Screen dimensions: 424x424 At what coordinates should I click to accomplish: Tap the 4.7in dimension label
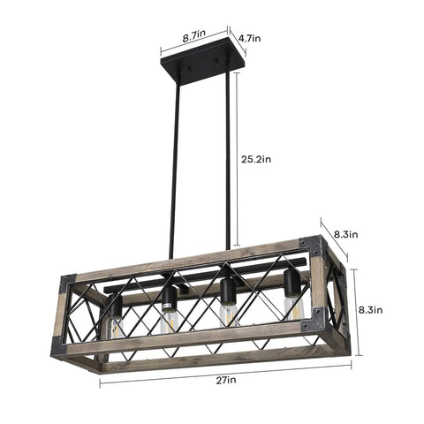(250, 38)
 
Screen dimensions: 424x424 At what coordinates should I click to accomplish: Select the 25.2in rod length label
(256, 159)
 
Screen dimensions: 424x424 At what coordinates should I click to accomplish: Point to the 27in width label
(226, 380)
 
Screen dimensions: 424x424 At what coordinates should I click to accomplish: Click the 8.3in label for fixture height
(370, 310)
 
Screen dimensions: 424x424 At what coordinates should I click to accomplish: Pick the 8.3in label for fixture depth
(346, 235)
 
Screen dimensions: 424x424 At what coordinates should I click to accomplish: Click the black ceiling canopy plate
(203, 64)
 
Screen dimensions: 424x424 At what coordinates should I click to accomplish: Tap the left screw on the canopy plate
(189, 70)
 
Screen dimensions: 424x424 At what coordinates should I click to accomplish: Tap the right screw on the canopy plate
(216, 61)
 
